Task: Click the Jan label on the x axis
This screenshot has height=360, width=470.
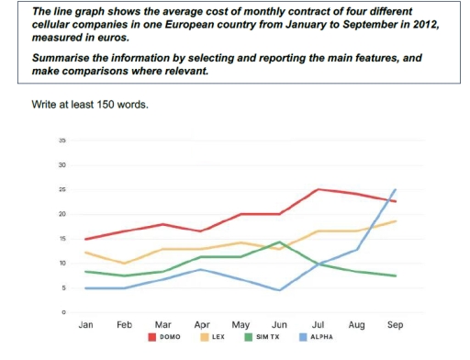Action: [x=87, y=325]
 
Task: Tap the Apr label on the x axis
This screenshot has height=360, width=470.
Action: [x=202, y=325]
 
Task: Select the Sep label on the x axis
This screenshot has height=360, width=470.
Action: [x=396, y=325]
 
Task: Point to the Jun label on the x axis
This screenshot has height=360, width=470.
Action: [x=279, y=325]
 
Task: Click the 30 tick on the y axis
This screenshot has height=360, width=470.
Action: [x=62, y=165]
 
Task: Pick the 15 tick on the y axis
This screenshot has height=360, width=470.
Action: [x=62, y=239]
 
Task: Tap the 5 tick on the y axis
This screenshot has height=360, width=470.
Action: [x=62, y=288]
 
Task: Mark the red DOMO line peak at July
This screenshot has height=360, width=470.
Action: [x=318, y=189]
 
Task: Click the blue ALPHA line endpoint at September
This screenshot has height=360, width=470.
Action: [x=396, y=190]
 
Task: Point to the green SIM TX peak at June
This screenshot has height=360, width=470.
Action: [x=279, y=242]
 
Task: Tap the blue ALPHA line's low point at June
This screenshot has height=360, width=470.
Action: [x=279, y=290]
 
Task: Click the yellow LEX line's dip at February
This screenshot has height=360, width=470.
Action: [x=126, y=264]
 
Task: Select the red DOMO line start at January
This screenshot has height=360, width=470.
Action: [x=87, y=239]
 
